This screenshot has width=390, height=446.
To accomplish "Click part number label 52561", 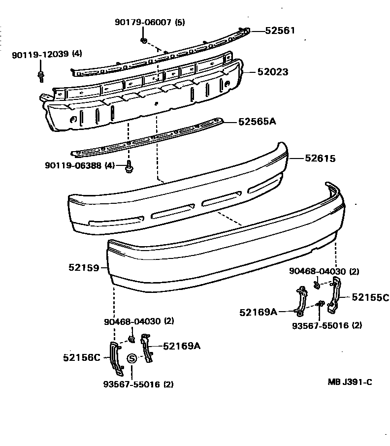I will point(280,31).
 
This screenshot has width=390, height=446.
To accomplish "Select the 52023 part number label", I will point(272,72).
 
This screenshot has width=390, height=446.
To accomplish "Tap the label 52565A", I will point(257,121).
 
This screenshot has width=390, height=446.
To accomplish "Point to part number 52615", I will point(320,159).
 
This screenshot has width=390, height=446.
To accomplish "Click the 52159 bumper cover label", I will point(84,268).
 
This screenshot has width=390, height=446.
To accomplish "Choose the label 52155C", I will point(370,297).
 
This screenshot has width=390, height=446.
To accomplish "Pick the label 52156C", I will point(81,357).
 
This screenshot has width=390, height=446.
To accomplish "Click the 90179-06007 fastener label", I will point(150,23).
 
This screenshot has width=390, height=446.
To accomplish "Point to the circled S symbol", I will point(132,358).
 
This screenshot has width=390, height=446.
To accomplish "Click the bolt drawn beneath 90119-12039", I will point(40,75).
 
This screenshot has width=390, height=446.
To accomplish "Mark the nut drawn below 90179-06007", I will point(143,39).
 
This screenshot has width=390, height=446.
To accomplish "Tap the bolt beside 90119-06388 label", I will point(130,167).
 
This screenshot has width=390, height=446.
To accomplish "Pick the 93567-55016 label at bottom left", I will point(138,384).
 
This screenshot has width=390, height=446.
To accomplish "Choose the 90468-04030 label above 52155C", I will point(324,271).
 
